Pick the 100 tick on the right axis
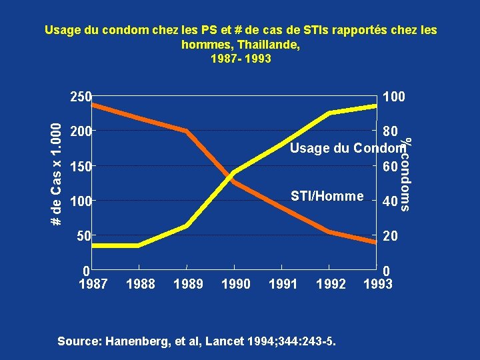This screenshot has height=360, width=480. [393, 97]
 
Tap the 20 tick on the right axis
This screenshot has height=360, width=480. [389, 236]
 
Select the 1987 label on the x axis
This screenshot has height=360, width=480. [93, 284]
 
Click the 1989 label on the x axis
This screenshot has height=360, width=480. [188, 284]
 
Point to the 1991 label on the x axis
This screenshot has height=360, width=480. [282, 284]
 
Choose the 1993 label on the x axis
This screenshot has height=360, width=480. [379, 284]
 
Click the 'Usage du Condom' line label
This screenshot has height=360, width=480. [347, 147]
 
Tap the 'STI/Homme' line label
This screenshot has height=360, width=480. [327, 196]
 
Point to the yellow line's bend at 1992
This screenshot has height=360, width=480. [329, 113]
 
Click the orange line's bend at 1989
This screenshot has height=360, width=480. [187, 131]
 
